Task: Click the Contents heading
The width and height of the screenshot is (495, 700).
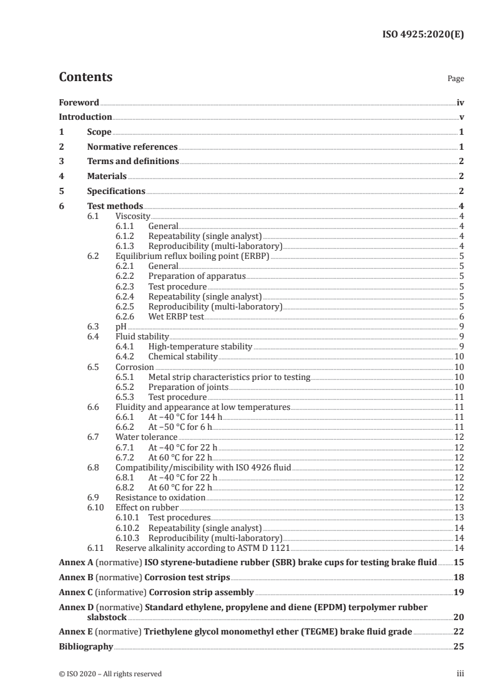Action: click(x=86, y=77)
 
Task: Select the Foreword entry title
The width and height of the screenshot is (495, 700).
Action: click(x=79, y=102)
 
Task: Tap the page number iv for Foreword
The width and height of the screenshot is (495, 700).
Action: click(x=460, y=102)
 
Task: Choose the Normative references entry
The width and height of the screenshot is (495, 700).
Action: click(x=132, y=147)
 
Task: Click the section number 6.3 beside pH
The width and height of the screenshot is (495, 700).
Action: click(x=93, y=326)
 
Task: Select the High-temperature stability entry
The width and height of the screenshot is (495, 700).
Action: click(x=200, y=346)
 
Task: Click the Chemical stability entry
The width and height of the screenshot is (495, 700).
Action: click(x=183, y=356)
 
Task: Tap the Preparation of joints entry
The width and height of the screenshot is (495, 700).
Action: click(x=185, y=387)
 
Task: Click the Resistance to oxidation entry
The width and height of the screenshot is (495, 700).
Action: click(x=160, y=497)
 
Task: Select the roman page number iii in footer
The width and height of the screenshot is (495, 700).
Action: click(x=460, y=674)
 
